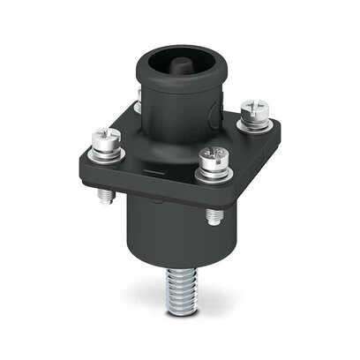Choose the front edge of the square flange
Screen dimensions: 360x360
click(x=159, y=196)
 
